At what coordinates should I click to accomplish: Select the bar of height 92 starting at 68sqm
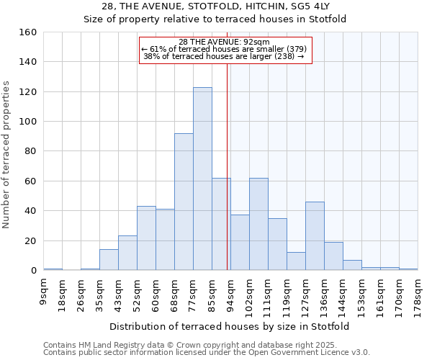(184, 202)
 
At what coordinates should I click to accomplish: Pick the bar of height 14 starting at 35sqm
(109, 260)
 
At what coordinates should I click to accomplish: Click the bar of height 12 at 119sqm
(296, 261)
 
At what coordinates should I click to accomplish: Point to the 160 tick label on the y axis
(28, 32)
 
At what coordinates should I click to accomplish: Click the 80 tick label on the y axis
(31, 151)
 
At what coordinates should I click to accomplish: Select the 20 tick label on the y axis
(31, 240)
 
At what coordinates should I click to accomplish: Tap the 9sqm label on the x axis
(44, 292)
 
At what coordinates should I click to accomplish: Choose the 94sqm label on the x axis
(231, 293)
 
